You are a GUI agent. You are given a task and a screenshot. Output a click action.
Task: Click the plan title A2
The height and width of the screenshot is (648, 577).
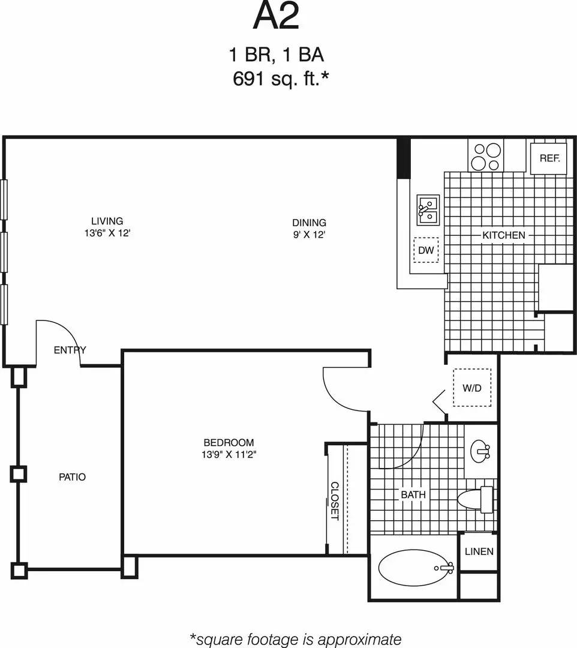pos(276,17)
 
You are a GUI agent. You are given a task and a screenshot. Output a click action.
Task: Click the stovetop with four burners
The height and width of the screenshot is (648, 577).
pos(485,156)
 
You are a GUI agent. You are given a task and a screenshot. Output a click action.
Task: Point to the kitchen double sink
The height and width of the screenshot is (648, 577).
pos(428,210)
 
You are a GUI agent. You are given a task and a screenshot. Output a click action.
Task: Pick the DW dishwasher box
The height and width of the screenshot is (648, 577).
pos(426,250)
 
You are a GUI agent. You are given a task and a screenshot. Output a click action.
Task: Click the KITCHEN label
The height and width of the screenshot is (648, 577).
pos(504,235)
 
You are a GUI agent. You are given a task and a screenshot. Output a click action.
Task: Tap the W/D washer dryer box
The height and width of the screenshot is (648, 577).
pos(472,388)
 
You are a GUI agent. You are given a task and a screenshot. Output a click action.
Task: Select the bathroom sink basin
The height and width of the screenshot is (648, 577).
pos(480,451)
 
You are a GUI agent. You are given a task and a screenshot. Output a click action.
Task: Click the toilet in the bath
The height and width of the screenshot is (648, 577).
pos(476,499)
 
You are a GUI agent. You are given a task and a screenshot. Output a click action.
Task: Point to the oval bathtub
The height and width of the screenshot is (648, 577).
pos(416,568)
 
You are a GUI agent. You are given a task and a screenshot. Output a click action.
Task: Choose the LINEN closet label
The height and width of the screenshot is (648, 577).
pos(479,551)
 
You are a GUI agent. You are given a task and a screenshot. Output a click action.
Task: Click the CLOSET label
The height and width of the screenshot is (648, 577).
pos(335,501)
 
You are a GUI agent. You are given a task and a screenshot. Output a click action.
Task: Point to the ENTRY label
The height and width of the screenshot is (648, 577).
pos(70,350)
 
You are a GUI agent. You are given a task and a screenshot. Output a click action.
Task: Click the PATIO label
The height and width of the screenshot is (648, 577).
pos(73,477)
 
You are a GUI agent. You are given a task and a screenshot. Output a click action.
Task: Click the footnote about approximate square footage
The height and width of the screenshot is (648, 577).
pos(295,639)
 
